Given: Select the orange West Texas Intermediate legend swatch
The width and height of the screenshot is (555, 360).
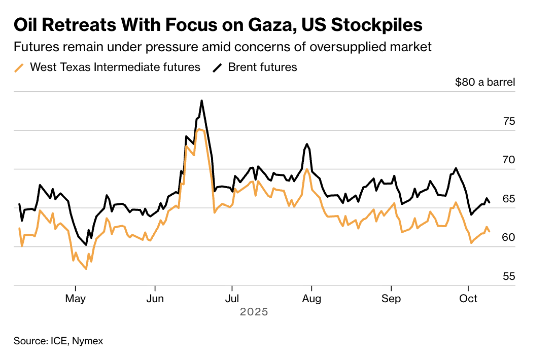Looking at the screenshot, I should (19, 67).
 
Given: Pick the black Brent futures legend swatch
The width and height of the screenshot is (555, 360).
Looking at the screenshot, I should (217, 67).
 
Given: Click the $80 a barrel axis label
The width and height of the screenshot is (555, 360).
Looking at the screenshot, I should (484, 82).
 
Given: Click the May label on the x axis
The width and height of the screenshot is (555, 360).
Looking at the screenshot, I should (76, 299).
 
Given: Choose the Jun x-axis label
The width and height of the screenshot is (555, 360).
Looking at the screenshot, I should (154, 299).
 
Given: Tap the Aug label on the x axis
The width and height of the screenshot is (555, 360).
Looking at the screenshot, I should (311, 299).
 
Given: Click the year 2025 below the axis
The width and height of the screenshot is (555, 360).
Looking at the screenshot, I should (254, 312).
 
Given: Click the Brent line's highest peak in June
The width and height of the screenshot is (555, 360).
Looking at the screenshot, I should (201, 100).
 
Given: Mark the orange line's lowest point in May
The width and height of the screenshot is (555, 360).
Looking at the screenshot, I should (86, 269).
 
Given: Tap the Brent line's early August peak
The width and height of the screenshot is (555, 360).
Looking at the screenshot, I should (307, 143).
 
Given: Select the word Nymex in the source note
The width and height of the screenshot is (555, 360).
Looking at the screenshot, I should (88, 341).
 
